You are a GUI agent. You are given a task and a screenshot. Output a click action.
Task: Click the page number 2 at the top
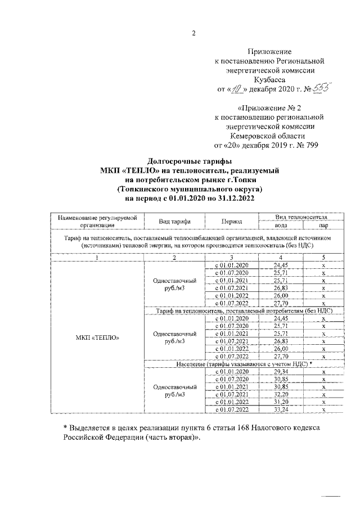point(193,33)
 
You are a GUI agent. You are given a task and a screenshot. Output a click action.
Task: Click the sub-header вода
point(281,225)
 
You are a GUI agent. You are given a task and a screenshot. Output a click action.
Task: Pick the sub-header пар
point(323,225)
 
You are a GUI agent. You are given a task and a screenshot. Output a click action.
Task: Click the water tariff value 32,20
point(281,395)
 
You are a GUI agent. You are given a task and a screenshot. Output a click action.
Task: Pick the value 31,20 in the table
point(281,403)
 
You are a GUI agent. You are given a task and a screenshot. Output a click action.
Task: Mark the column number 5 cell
point(323,257)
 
